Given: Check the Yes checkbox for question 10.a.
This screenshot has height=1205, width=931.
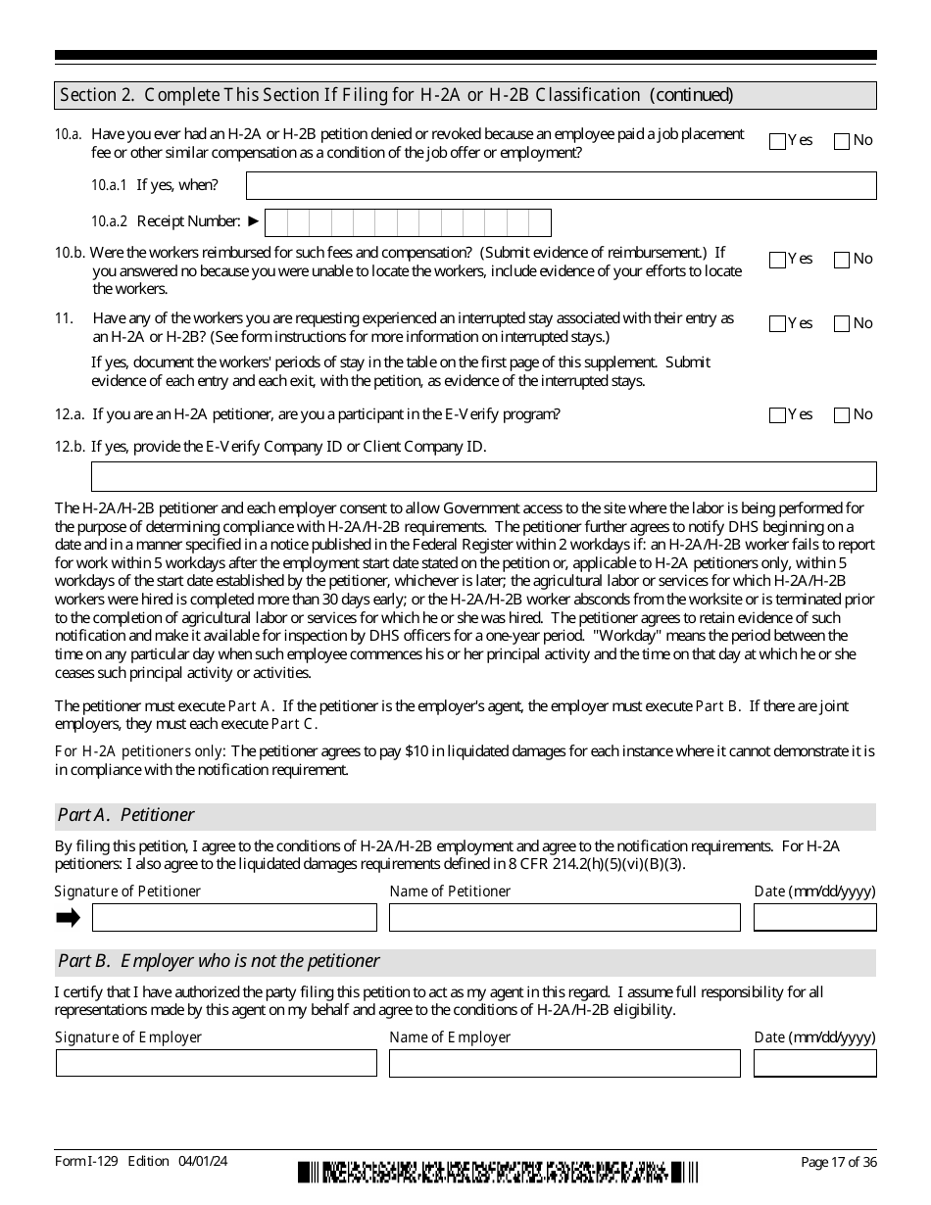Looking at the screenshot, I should coord(778,141).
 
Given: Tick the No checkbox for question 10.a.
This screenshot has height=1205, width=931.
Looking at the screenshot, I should coord(842,141).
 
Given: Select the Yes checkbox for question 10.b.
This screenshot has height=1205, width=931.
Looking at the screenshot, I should coord(778,260).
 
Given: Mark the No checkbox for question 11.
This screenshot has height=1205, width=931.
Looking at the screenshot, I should coord(842,324).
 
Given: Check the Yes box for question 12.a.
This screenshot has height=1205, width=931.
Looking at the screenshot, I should coord(778,415).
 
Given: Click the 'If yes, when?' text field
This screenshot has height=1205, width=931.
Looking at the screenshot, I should coord(561,186).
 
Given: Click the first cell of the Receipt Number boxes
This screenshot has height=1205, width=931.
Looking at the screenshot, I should coord(276,222).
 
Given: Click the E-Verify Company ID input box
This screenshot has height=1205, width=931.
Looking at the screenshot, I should coord(483,476).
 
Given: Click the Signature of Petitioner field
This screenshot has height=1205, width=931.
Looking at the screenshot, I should coord(234,917).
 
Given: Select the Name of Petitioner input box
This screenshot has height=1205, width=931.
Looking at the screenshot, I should coord(564,917).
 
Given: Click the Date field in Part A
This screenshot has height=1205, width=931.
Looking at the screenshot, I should coord(814,917).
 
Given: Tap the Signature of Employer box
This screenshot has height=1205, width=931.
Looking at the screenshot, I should coord(216,1063).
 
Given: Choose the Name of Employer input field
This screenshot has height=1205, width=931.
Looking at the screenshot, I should coord(564,1063).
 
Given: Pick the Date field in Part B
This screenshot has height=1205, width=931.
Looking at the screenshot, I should coord(814,1063).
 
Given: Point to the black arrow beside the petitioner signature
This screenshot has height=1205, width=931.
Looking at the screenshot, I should coord(68,917).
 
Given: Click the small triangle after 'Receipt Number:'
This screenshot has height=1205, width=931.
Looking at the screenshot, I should coord(254,221).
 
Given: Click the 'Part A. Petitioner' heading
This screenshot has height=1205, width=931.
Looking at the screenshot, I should coord(126,815).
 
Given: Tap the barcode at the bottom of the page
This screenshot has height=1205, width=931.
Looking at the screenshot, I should coord(499,1172).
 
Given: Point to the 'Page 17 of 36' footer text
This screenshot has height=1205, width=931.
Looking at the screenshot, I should coord(838,1162).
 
